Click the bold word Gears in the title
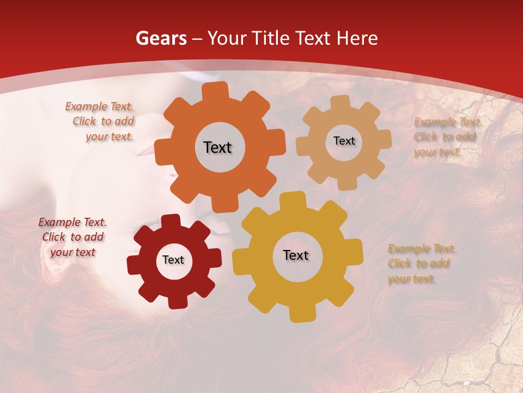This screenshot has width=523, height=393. [x=160, y=38]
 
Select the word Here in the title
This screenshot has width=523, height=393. [x=357, y=38]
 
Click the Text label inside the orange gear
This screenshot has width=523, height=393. [x=217, y=147]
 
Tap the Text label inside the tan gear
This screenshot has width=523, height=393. [x=344, y=141]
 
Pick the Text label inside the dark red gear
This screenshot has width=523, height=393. [x=173, y=260]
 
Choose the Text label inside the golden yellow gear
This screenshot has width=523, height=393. [x=296, y=255]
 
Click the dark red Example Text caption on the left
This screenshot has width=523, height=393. [x=72, y=237]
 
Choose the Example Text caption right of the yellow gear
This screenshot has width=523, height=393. [x=422, y=264]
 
